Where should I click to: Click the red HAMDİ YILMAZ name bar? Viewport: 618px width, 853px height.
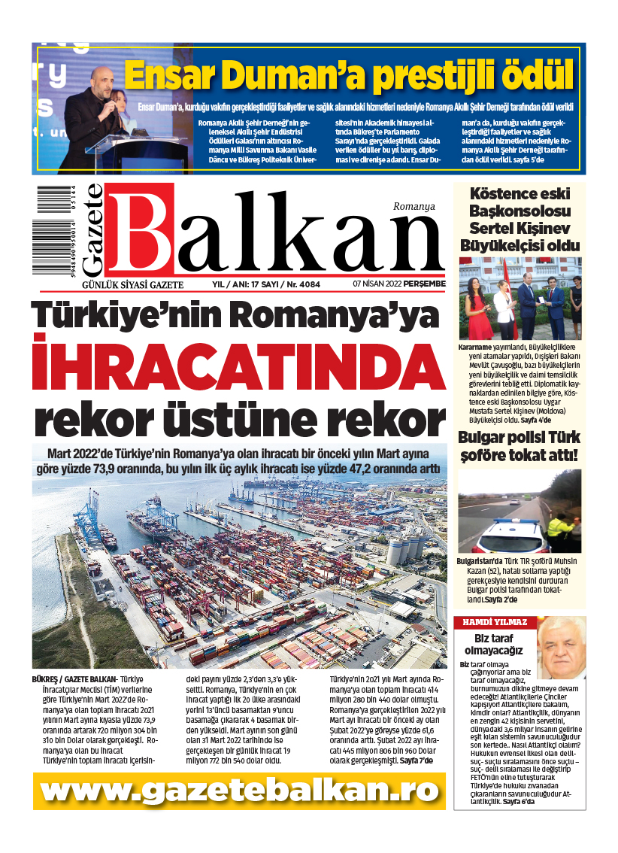pyautogui.click(x=494, y=622)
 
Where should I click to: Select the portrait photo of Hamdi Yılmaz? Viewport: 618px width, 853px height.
pyautogui.click(x=560, y=647)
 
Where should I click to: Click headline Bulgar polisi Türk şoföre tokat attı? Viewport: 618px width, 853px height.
pyautogui.click(x=520, y=447)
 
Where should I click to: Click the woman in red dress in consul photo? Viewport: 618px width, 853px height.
pyautogui.click(x=478, y=308)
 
